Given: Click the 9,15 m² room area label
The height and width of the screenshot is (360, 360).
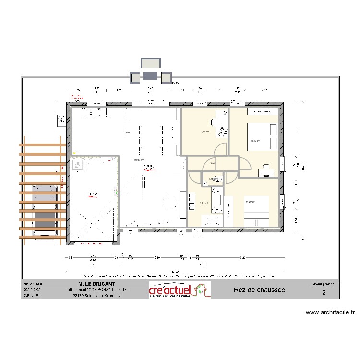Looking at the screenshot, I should (x=204, y=132).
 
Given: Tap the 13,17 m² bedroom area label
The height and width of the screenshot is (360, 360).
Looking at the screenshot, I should (x=254, y=141).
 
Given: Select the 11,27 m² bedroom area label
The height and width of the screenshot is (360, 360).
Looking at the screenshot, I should (x=250, y=202).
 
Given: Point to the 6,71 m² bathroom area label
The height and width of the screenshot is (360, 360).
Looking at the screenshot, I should (x=204, y=203).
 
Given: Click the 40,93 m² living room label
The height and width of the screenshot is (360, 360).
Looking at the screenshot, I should (x=138, y=160).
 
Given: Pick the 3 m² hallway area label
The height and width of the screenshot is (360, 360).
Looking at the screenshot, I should (x=213, y=163).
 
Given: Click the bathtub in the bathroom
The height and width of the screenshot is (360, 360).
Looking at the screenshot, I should (x=217, y=201).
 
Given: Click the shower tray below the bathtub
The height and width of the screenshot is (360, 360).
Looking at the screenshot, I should (x=212, y=220).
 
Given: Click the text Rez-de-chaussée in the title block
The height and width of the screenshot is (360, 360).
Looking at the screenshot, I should (x=260, y=290).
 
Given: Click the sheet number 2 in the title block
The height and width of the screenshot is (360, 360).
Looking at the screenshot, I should (x=324, y=293).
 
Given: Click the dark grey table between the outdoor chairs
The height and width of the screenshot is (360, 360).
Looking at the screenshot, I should (x=149, y=76).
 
